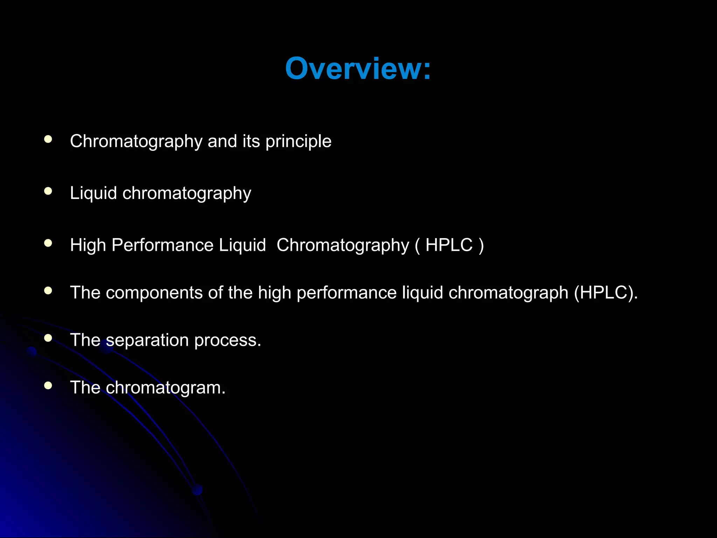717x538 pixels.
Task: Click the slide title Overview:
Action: coord(358,69)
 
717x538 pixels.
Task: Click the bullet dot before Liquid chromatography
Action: coord(48,191)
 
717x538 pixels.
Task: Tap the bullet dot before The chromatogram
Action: coord(48,386)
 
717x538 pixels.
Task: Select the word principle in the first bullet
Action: coord(298,142)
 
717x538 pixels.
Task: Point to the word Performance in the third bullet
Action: coord(162,245)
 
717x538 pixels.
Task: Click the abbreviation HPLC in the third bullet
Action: coord(449,245)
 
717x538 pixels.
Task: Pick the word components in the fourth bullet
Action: coord(154,293)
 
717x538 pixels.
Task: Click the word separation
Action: coord(147,340)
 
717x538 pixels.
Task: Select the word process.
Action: coord(228,340)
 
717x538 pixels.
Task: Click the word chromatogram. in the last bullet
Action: coord(166,388)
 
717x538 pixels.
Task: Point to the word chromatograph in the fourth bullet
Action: coord(508,293)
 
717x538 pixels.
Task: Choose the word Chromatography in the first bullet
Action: coord(136,142)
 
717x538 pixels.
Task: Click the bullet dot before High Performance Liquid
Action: coord(48,243)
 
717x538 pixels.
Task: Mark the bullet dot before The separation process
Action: coord(48,338)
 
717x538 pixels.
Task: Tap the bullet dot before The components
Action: coord(48,290)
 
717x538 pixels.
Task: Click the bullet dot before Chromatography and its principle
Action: coord(48,139)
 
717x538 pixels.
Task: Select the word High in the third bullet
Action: coord(88,245)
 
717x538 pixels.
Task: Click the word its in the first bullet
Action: coord(251,141)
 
